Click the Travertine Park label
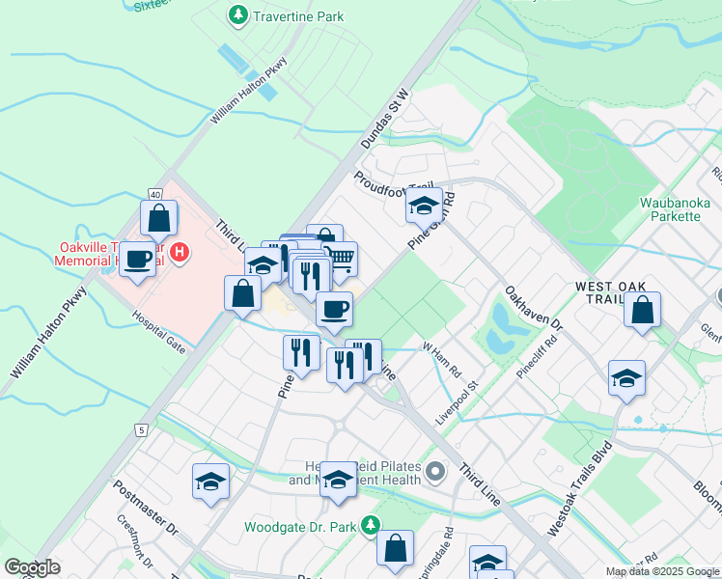[298, 16]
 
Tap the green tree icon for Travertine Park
[237, 15]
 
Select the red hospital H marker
[180, 254]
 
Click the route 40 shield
[154, 194]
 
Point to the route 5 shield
[142, 429]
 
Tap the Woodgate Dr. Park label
[298, 527]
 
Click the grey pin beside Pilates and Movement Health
[435, 472]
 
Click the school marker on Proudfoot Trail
[423, 205]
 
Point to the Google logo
[33, 567]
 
